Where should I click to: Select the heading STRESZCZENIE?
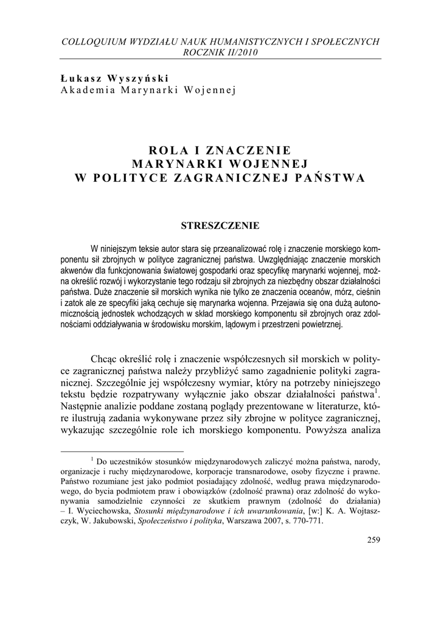220,226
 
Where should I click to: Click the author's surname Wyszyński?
139,78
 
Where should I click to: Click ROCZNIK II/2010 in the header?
221,52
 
